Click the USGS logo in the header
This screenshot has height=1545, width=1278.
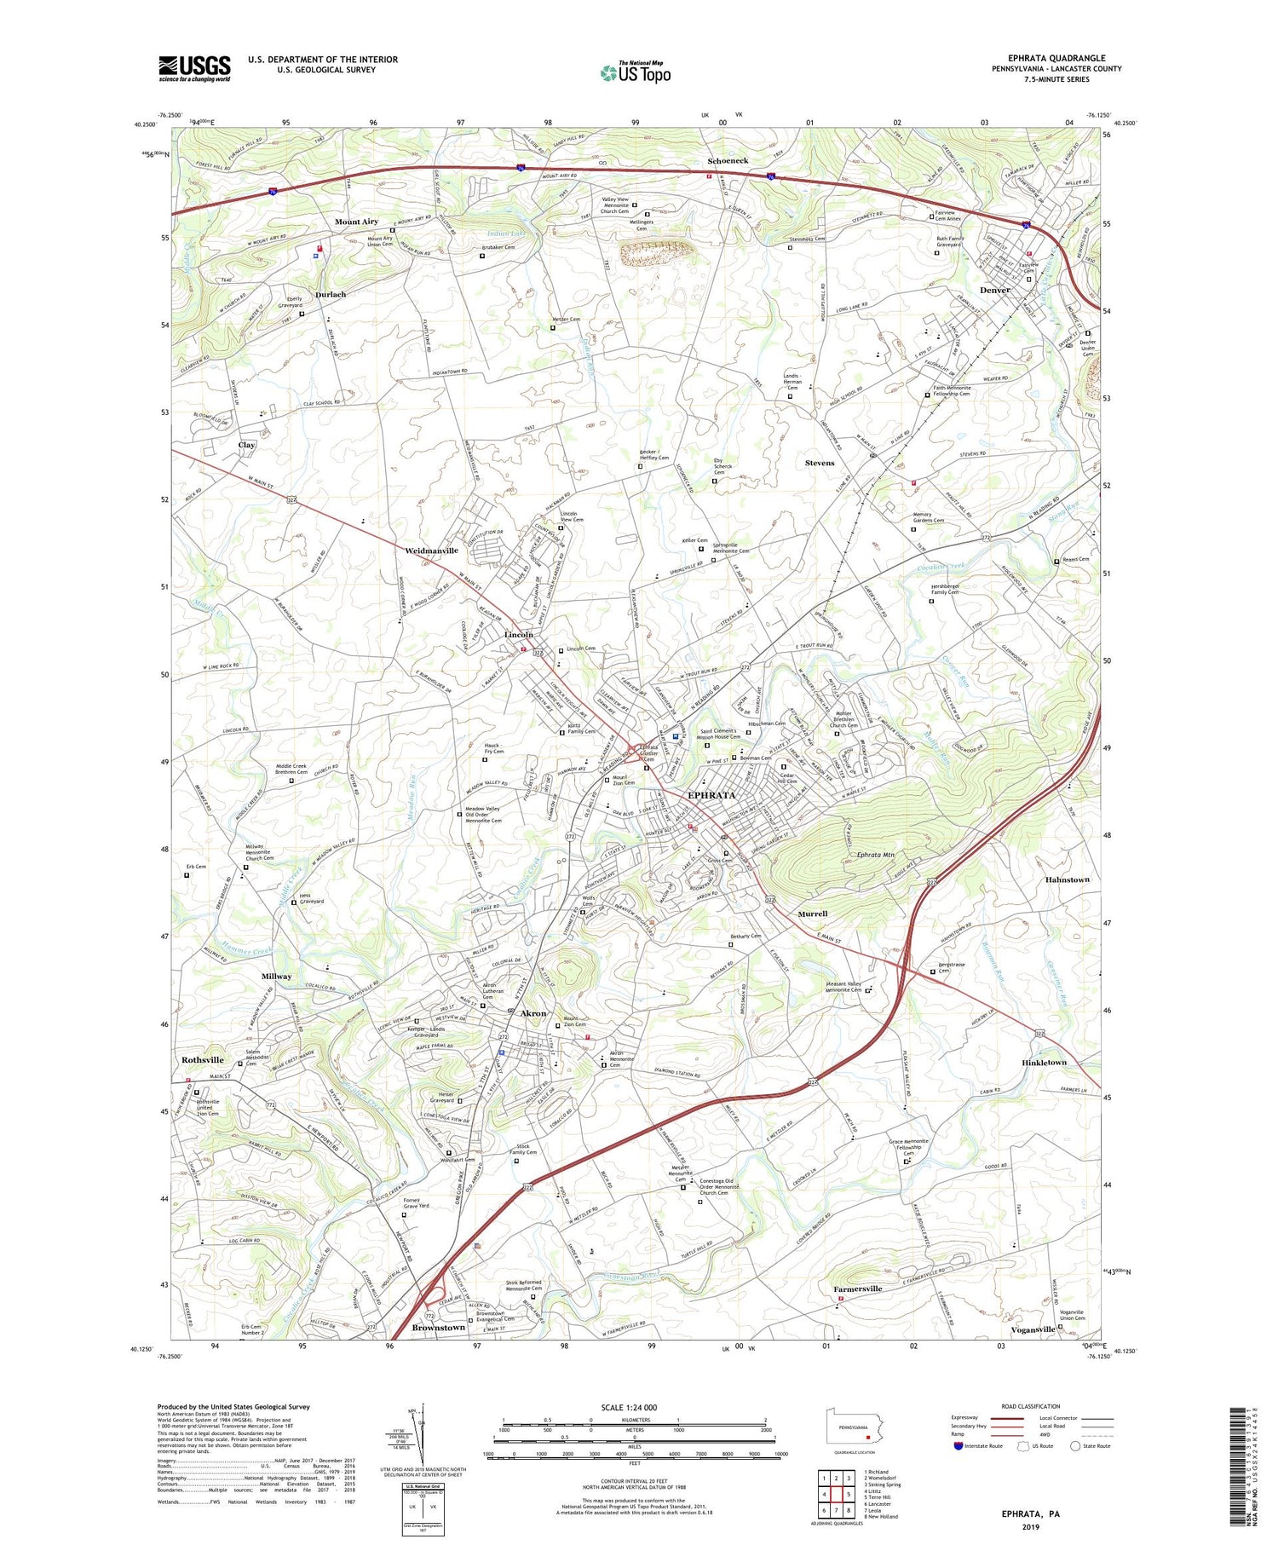point(194,68)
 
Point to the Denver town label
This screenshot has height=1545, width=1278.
point(994,290)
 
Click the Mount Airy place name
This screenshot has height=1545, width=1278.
point(356,222)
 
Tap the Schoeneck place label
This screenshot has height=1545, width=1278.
point(728,160)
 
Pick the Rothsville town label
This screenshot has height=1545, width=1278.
point(203,1060)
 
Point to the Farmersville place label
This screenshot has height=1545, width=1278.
point(857,1288)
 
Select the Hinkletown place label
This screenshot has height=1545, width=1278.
point(1044,1063)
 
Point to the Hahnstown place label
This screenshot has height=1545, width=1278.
point(1067,879)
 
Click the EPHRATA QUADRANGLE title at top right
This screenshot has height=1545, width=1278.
point(1056,58)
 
